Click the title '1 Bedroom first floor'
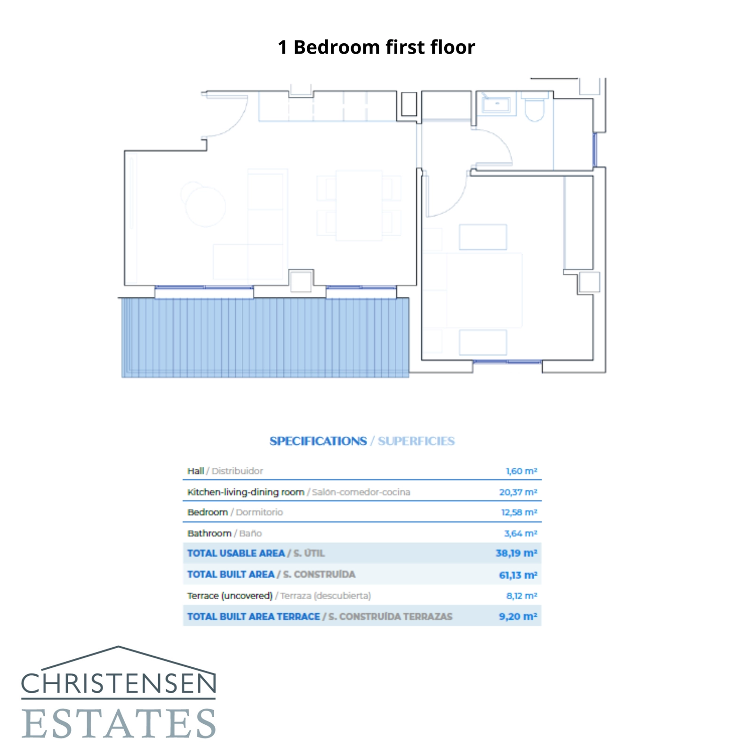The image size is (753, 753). [x=376, y=47]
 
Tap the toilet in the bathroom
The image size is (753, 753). [x=534, y=108]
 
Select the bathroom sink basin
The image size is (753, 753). [x=496, y=104]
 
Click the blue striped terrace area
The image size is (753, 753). [x=265, y=337]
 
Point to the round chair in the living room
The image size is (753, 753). [x=205, y=206]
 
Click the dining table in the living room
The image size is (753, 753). [x=359, y=206]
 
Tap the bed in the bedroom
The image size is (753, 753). [x=484, y=290]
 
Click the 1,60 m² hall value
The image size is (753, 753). [x=521, y=471]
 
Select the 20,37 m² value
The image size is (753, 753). [x=518, y=492]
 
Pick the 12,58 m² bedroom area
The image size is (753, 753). [x=519, y=513]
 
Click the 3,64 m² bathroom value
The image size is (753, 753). [x=520, y=534]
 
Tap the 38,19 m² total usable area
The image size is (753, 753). [x=516, y=553]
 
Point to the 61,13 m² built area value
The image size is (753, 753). [x=518, y=575]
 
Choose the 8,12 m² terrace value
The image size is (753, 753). [x=521, y=596]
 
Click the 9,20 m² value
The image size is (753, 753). [x=518, y=617]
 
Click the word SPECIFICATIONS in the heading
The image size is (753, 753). [x=318, y=441]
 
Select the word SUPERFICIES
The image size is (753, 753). [x=416, y=441]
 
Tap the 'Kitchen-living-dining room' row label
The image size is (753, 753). [x=246, y=492]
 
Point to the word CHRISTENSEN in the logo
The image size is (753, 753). [x=119, y=683]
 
